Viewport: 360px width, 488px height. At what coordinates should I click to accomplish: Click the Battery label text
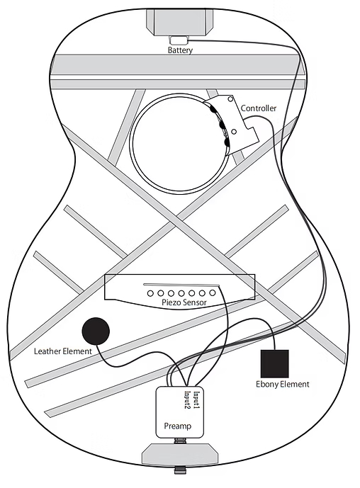(x=180, y=50)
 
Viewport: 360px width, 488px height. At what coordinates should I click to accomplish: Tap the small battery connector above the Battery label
(x=179, y=40)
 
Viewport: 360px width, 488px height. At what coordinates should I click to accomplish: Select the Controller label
(x=259, y=108)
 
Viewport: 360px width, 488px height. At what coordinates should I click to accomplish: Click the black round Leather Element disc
(x=96, y=331)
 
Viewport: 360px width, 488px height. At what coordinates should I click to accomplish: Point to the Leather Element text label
(x=63, y=351)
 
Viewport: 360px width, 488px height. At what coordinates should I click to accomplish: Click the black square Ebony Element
(x=275, y=363)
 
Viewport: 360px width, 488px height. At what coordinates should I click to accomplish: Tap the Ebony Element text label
(x=283, y=385)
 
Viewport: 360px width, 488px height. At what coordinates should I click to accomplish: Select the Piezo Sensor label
(x=184, y=302)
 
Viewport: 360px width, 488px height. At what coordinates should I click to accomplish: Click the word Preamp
(x=177, y=426)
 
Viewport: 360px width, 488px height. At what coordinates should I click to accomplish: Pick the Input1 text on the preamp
(x=196, y=400)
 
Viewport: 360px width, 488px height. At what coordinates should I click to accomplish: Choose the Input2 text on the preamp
(x=188, y=400)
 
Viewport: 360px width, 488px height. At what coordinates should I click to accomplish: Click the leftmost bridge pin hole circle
(x=150, y=293)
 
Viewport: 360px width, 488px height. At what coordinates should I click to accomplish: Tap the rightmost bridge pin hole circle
(x=213, y=293)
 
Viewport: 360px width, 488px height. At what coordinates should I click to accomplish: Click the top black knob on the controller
(x=213, y=109)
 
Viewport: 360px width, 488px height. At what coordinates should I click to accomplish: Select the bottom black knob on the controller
(x=226, y=142)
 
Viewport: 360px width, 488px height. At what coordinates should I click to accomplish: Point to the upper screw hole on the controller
(x=230, y=99)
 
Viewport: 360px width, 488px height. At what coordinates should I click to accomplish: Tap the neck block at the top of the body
(x=180, y=22)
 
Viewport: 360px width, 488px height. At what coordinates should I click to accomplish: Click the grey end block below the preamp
(x=180, y=454)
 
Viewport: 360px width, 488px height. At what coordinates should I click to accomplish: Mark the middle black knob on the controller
(x=222, y=125)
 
